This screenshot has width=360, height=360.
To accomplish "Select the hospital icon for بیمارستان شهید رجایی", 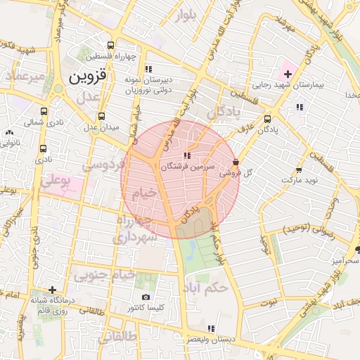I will [287, 74].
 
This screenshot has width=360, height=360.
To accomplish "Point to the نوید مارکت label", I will [300, 181].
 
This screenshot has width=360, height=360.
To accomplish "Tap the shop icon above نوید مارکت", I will [299, 169].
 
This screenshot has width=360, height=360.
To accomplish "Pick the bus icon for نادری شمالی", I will [44, 112].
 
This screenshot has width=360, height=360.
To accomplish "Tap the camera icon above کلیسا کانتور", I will [146, 297].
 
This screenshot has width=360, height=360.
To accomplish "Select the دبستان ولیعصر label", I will [211, 340].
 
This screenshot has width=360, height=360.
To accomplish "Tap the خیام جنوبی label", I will [125, 276].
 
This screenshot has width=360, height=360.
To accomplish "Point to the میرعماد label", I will [25, 75].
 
